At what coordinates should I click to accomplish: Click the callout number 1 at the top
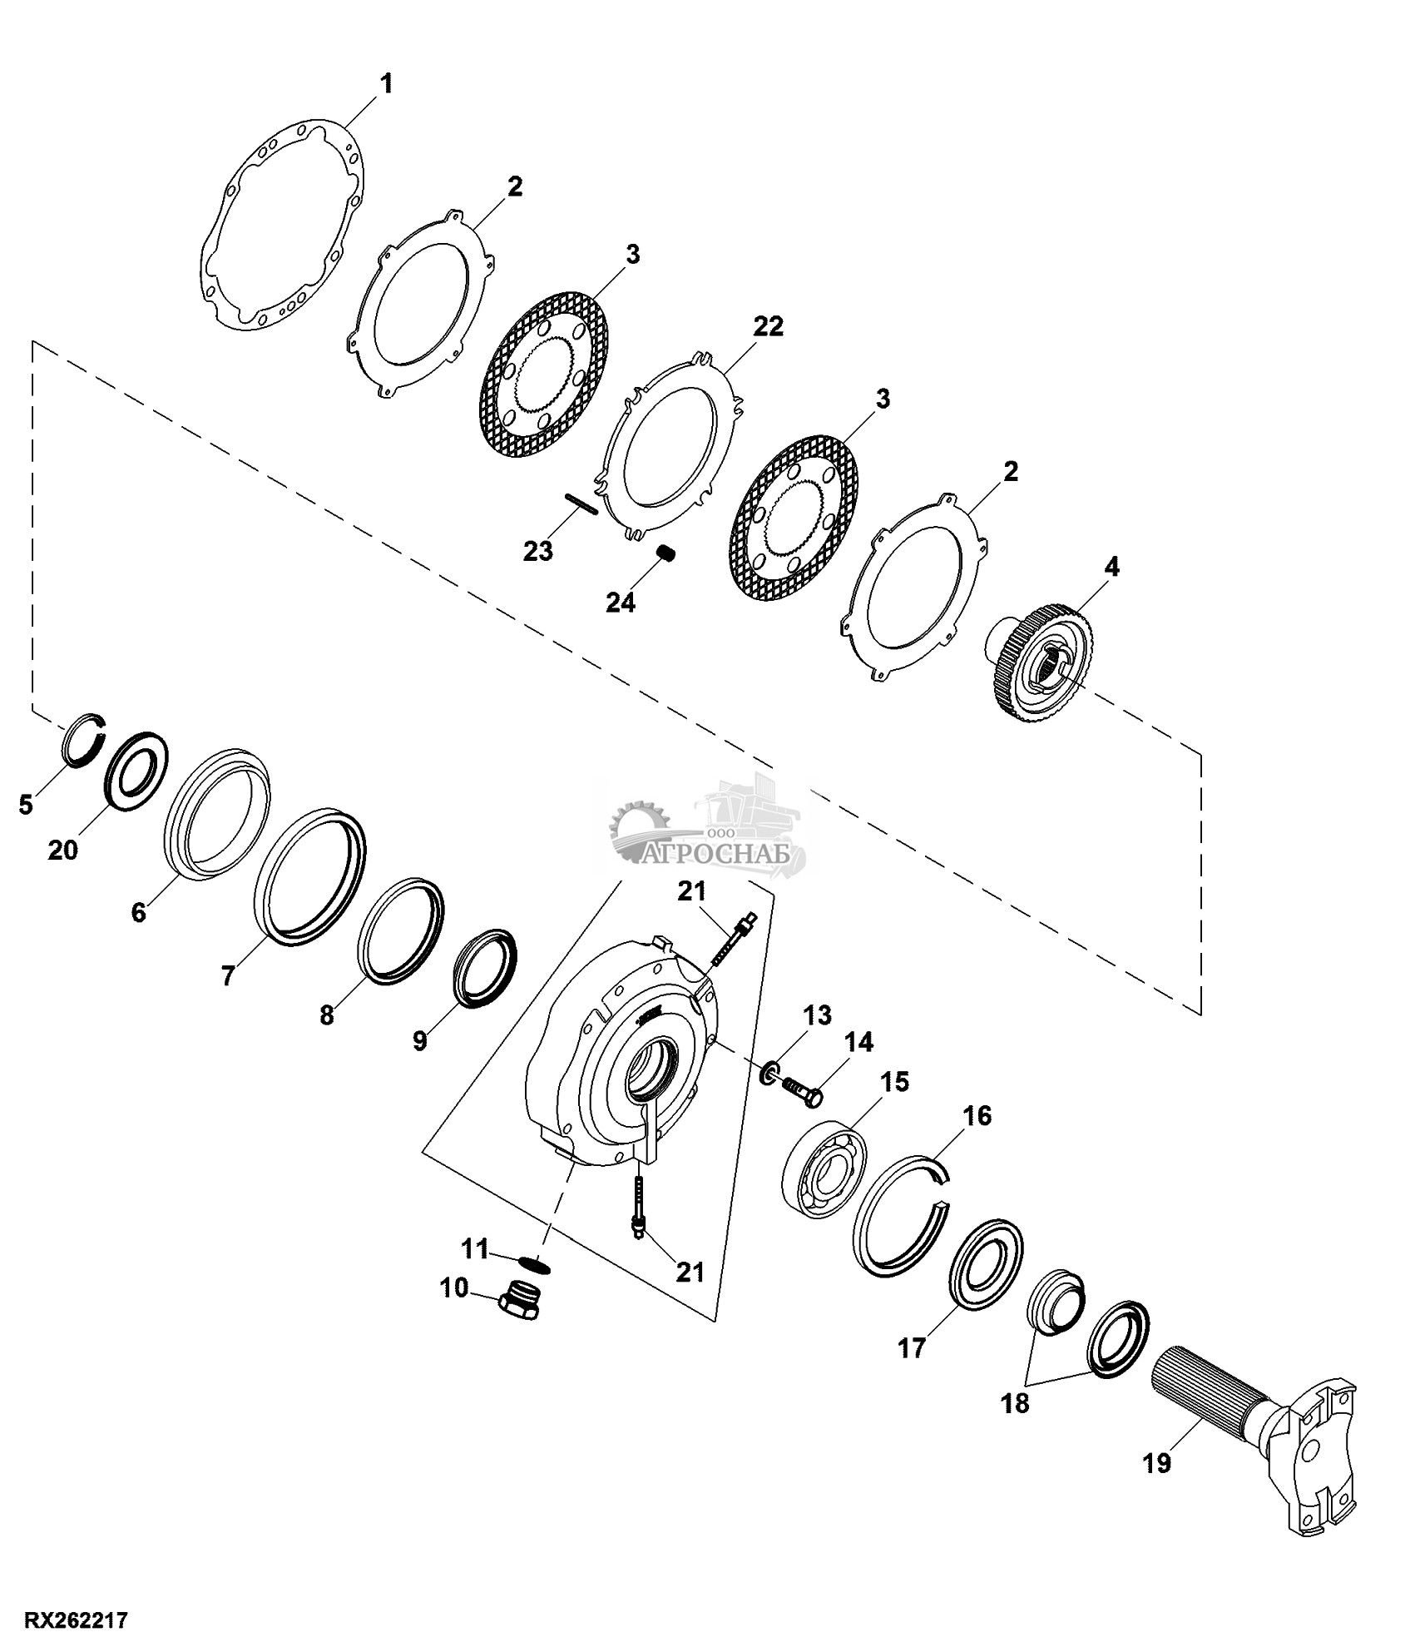(386, 84)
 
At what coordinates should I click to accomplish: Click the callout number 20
(63, 850)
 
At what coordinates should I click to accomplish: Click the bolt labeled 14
(802, 1091)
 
